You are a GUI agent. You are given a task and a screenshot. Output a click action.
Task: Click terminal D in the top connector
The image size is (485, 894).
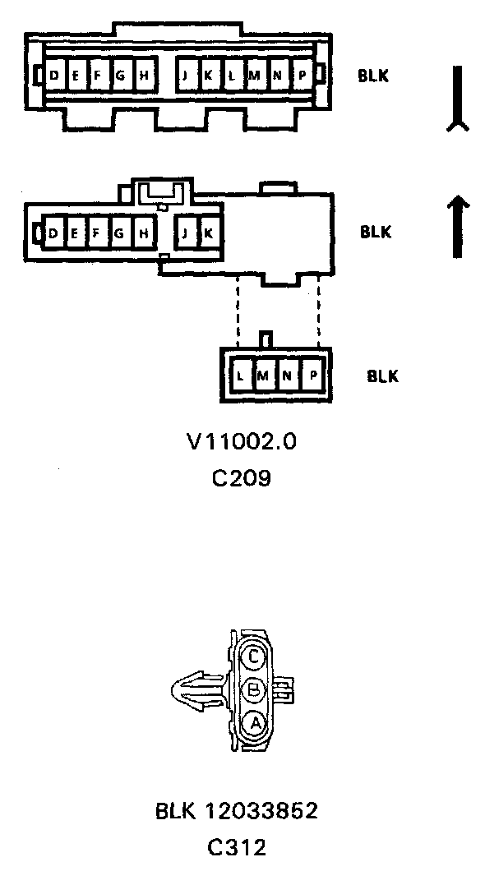55,75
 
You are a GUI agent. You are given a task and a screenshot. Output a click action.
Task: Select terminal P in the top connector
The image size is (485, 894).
302,75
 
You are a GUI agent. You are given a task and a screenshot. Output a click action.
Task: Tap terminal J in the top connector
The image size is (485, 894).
186,75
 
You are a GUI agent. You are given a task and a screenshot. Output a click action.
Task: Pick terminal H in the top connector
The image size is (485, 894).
144,75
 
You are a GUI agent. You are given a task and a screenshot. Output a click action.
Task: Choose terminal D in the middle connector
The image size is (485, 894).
53,233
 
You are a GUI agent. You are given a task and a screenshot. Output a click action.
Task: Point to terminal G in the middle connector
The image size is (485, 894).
119,233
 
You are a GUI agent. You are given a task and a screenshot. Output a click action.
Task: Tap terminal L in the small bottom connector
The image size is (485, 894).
240,376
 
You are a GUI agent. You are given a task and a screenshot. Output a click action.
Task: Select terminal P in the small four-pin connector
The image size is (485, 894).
312,376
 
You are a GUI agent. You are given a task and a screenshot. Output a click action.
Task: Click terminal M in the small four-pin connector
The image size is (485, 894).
264,376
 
